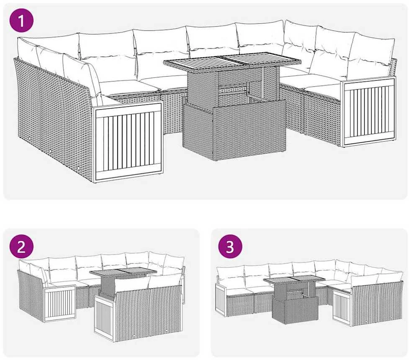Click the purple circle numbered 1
(x=21, y=21)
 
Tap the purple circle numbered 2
(x=21, y=247)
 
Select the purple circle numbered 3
(x=230, y=247)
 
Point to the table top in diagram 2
(x=123, y=273)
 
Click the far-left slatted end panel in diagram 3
(x=221, y=299)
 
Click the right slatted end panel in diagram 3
(x=342, y=306)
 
